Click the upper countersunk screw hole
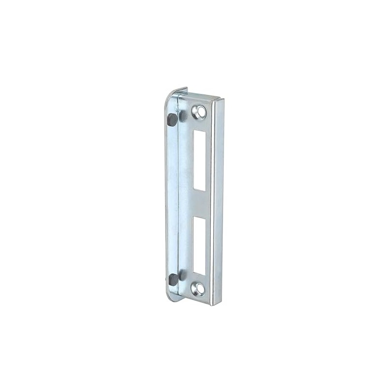click(199, 112)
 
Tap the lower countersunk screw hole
click(198, 289)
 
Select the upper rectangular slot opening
click(199, 160)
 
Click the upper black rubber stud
click(172, 119)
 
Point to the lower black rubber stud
click(172, 279)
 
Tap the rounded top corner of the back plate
click(171, 95)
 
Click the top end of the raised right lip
click(218, 100)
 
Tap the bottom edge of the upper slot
click(199, 190)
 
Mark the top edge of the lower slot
click(199, 217)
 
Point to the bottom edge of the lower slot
click(199, 274)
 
